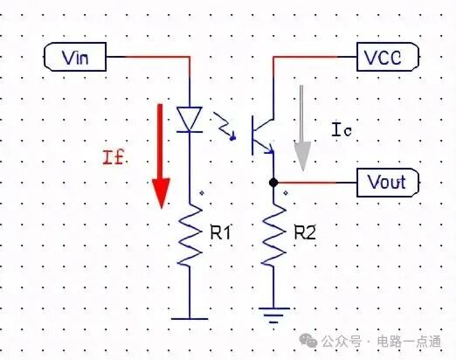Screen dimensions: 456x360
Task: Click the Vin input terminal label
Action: [75, 57]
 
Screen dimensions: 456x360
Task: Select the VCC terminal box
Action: [388, 57]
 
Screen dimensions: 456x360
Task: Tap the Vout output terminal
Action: [388, 183]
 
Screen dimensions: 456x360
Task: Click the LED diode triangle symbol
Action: [190, 120]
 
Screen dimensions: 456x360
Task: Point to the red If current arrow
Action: [161, 156]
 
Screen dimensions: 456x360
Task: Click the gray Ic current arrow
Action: [302, 128]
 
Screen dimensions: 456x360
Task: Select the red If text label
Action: [114, 157]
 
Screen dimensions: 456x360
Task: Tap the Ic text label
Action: [342, 130]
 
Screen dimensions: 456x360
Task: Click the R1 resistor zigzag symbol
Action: [190, 234]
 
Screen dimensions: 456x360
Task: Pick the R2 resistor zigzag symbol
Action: [273, 234]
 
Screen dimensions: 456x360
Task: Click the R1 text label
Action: [220, 232]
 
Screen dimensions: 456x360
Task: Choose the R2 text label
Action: [305, 232]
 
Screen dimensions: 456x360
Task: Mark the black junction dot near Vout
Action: [273, 183]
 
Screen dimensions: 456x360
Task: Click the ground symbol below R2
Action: [273, 315]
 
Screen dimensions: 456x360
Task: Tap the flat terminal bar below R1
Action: [190, 319]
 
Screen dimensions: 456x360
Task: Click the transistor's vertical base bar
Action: [252, 135]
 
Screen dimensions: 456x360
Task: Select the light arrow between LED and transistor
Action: [225, 127]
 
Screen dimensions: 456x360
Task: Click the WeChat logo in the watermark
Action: [308, 341]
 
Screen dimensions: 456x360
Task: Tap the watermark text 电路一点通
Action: [409, 342]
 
